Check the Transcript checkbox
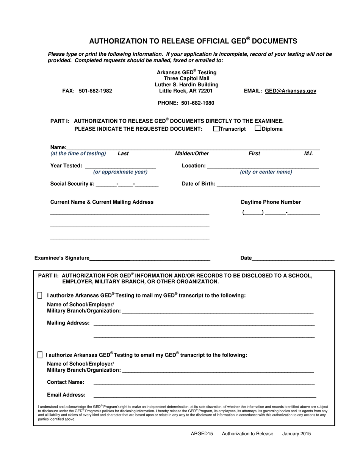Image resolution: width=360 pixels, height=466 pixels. point(216,129)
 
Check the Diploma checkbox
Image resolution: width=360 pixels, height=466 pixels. point(258,129)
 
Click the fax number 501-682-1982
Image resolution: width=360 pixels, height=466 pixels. point(95,91)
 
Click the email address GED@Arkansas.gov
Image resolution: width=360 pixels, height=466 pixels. point(290,91)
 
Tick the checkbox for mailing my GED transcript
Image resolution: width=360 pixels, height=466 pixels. point(40,296)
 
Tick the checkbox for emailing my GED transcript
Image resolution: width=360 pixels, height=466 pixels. point(40,355)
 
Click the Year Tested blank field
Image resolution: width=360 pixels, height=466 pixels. point(120,166)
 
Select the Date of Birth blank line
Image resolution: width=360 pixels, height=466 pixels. point(268,184)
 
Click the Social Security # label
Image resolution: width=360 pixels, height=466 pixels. point(72,184)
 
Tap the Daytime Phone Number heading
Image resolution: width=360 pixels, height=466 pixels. point(271,202)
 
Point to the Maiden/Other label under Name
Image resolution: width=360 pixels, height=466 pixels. point(192,154)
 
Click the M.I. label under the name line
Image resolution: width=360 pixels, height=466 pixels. point(308,154)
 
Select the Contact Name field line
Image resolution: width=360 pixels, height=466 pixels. point(204,383)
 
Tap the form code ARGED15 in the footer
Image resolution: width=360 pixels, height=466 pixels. point(202,434)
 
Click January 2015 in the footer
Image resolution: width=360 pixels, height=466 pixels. point(296,434)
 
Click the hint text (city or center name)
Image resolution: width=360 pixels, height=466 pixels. point(266,172)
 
